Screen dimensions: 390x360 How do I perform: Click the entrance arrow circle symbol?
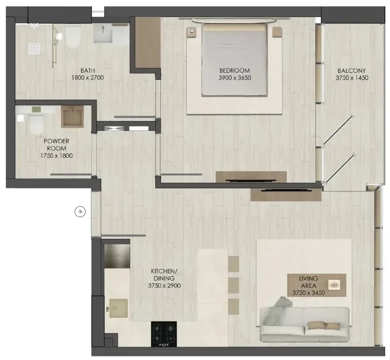pos(80,212)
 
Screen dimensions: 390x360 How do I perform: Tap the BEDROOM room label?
pos(235,70)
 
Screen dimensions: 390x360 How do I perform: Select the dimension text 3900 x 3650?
pos(235,78)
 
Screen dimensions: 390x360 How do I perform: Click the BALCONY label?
pos(351,70)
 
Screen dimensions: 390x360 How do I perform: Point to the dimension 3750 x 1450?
pos(351,78)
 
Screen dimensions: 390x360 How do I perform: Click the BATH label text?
pos(88,70)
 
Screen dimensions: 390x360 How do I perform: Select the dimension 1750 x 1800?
pos(56,156)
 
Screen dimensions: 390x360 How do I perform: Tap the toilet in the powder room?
pos(36,124)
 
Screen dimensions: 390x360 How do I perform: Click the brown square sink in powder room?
pos(73,117)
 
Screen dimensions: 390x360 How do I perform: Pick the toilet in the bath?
pos(73,37)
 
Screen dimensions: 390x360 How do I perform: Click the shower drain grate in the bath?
pos(34,49)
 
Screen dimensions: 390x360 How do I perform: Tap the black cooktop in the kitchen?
pos(164,334)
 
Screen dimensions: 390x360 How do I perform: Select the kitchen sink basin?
pos(118,308)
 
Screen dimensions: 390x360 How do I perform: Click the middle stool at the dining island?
pos(234,285)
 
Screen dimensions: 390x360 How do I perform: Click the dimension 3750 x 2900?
pos(164,286)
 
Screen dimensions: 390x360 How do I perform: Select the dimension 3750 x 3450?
pos(309,293)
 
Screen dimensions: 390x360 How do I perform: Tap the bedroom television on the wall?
pos(251,180)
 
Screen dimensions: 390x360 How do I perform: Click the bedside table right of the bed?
pos(277,32)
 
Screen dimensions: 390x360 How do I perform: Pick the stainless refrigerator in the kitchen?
pos(117,256)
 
